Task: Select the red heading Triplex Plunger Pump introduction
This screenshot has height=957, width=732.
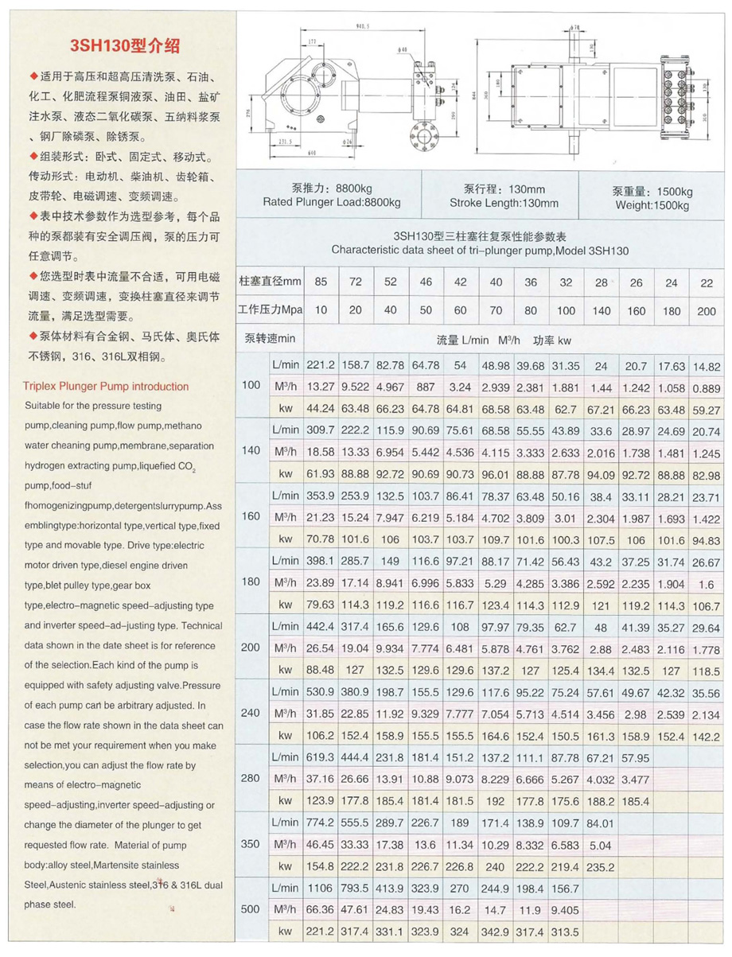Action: pyautogui.click(x=106, y=387)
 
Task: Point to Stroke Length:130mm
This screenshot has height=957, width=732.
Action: pyautogui.click(x=504, y=203)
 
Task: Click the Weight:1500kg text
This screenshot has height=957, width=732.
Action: pyautogui.click(x=653, y=205)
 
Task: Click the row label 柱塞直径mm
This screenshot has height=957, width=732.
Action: pyautogui.click(x=271, y=282)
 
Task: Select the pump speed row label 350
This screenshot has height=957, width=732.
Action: pyautogui.click(x=251, y=842)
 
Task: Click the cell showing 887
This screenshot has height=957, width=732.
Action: pyautogui.click(x=425, y=387)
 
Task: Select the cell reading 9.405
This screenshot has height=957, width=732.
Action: pyautogui.click(x=565, y=909)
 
